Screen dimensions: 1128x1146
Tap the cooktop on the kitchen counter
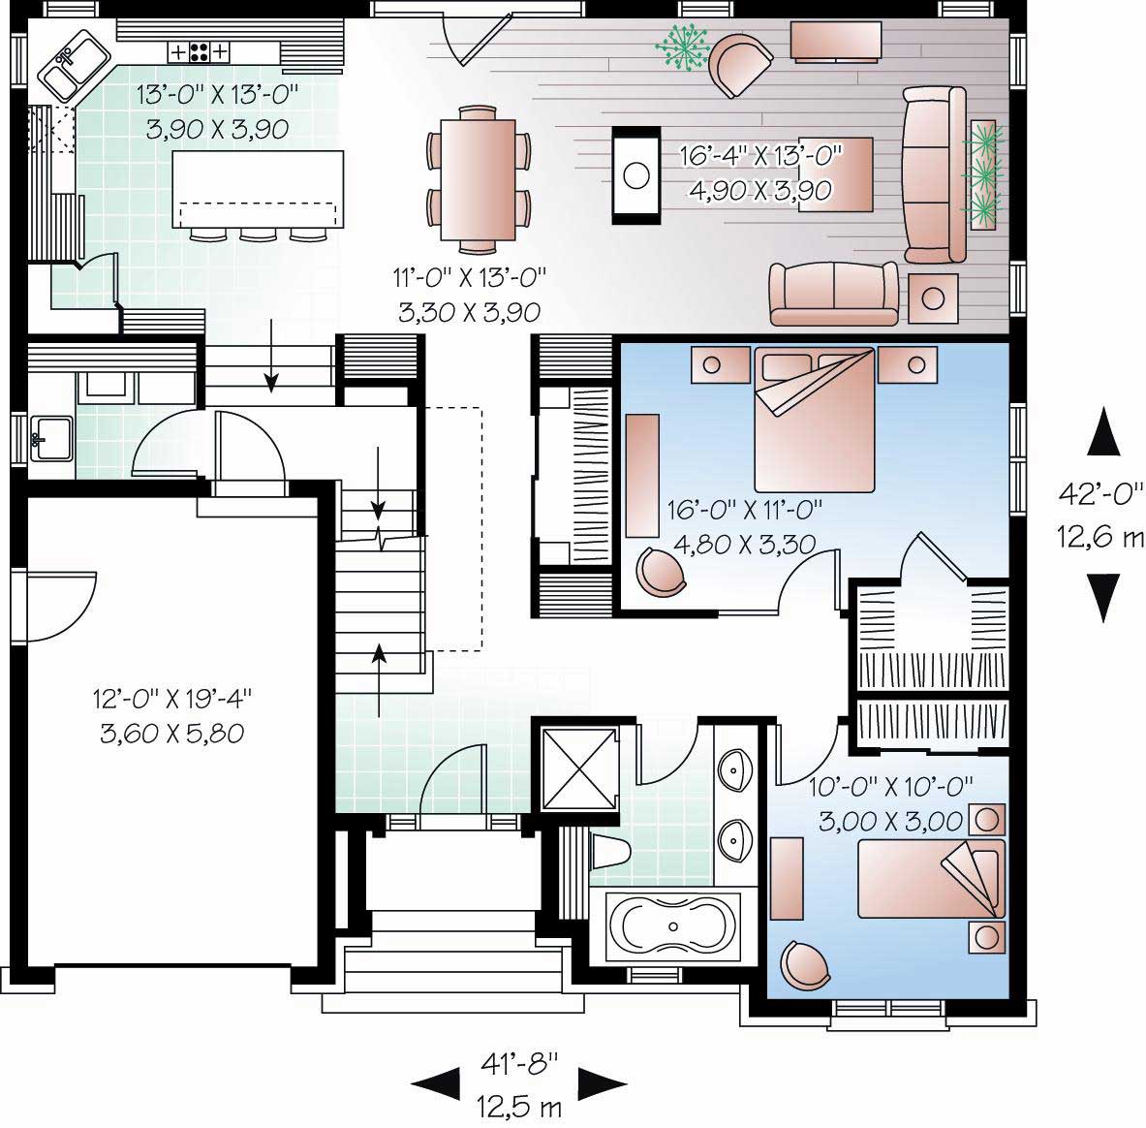click(x=201, y=50)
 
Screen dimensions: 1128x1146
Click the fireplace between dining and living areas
click(x=635, y=174)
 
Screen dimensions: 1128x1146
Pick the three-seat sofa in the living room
click(x=934, y=174)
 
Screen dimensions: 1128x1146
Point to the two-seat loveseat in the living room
click(x=833, y=294)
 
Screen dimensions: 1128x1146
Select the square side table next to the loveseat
click(x=934, y=298)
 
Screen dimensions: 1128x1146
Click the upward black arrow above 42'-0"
click(x=1103, y=431)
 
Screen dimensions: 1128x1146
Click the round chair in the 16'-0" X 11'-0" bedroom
click(x=662, y=570)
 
